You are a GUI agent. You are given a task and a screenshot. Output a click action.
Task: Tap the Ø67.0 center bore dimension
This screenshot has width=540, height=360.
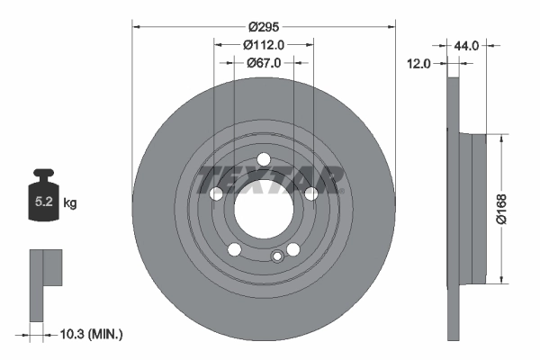(264, 63)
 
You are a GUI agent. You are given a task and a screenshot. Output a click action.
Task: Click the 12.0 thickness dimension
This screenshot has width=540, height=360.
(419, 64)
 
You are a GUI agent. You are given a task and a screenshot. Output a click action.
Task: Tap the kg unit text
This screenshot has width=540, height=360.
(71, 203)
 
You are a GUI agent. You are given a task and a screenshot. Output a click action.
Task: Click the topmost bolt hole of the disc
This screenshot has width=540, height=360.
(263, 160)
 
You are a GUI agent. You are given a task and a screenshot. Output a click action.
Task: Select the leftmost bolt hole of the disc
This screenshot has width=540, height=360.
(215, 194)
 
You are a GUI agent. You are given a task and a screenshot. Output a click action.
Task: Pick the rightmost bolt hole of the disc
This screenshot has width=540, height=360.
(310, 194)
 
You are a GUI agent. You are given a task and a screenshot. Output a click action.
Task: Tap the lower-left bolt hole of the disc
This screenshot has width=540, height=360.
(234, 250)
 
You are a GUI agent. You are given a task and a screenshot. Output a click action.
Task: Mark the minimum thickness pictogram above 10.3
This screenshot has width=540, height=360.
(45, 283)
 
